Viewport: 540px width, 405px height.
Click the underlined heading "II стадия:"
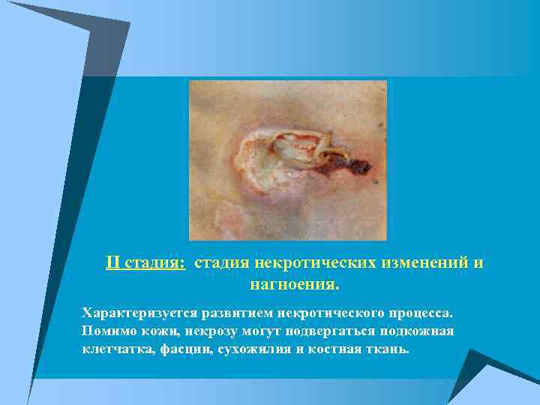pyautogui.click(x=145, y=263)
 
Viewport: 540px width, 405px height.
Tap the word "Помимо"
pyautogui.click(x=106, y=331)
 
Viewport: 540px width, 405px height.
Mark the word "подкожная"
pyautogui.click(x=417, y=331)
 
